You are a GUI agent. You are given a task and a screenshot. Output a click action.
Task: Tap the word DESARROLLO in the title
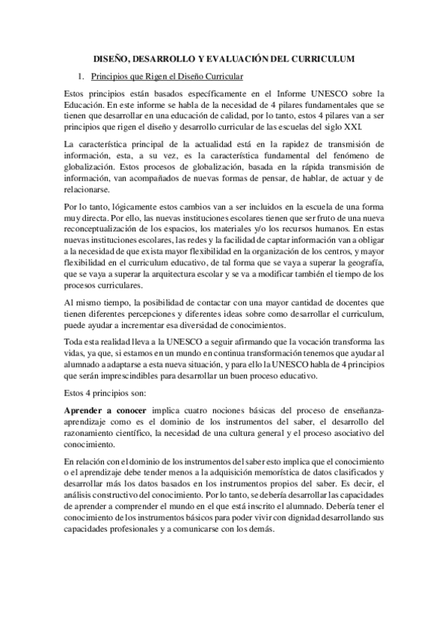[164, 58]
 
